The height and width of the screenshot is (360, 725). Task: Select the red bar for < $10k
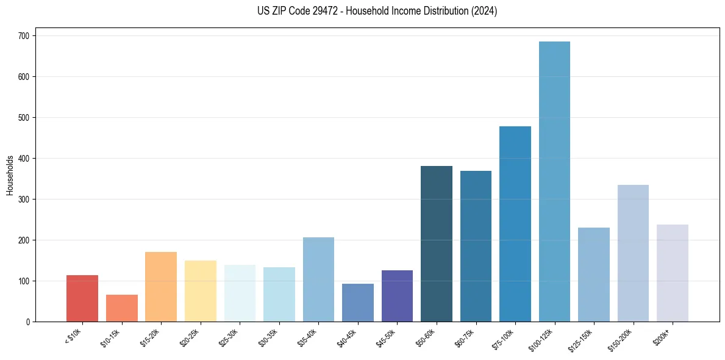[82, 298]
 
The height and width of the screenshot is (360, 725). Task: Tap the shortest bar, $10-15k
[121, 308]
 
